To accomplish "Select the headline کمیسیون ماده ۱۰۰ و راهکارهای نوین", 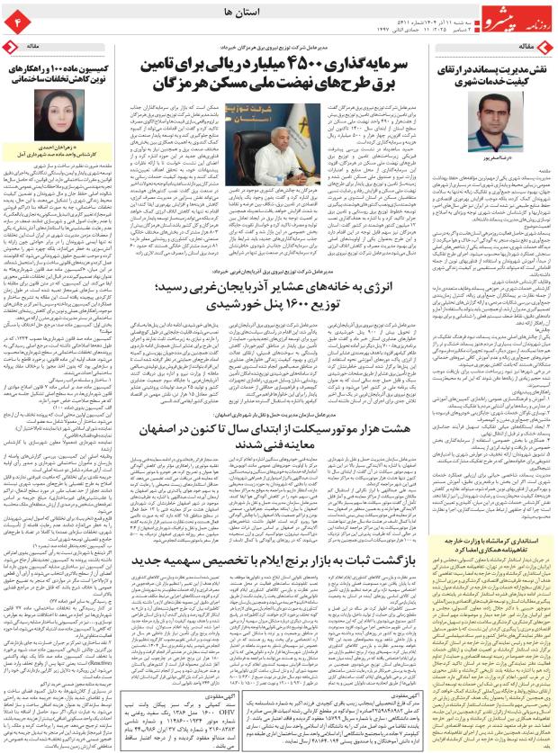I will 58,72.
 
